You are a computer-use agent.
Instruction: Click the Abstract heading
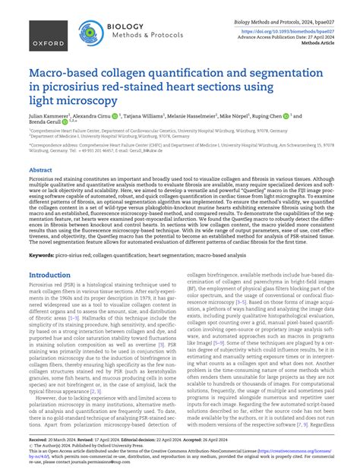pyautogui.click(x=40, y=171)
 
